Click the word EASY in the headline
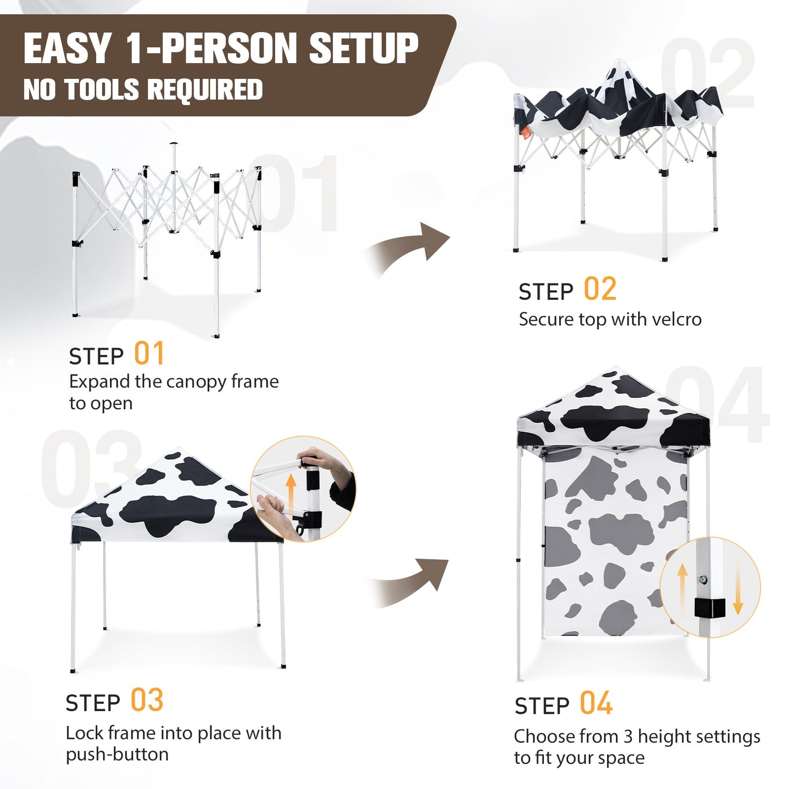pos(67,48)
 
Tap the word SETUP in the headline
pos(363,48)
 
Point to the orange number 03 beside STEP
pos(147,700)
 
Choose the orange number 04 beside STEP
pos(596,703)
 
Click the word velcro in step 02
pos(676,319)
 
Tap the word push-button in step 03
pos(117,755)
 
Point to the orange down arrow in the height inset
pos(738,588)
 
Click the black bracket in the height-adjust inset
pos(710,608)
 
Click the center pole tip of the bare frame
pos(174,144)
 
